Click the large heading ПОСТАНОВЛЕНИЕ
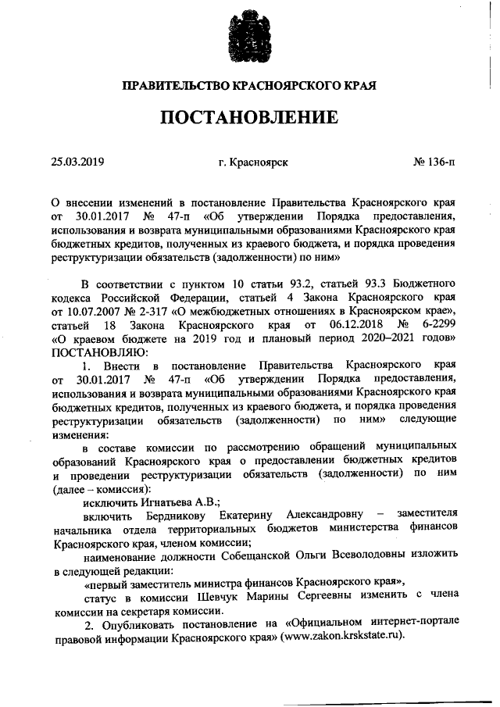tap(250, 118)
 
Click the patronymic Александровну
tap(327, 514)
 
